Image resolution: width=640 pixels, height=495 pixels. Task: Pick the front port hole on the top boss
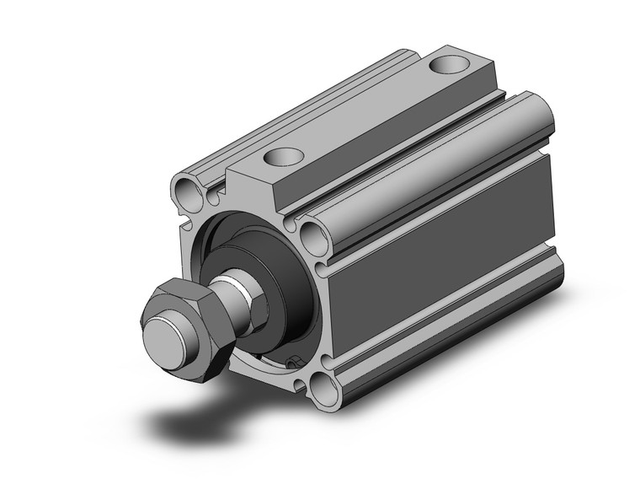coord(281,156)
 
